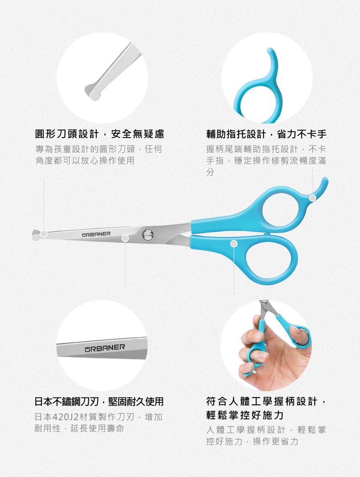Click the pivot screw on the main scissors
tap(147, 235)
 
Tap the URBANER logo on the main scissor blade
tap(96, 233)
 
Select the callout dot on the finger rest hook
tap(312, 198)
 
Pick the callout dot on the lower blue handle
tap(234, 244)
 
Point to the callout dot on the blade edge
tap(125, 238)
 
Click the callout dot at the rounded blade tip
tap(43, 234)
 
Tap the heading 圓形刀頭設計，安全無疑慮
tap(99, 134)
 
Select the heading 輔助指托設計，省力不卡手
tap(266, 134)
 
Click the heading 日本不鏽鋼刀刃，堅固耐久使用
tap(99, 402)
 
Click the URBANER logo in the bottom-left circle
tap(104, 347)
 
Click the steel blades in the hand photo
tap(265, 309)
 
